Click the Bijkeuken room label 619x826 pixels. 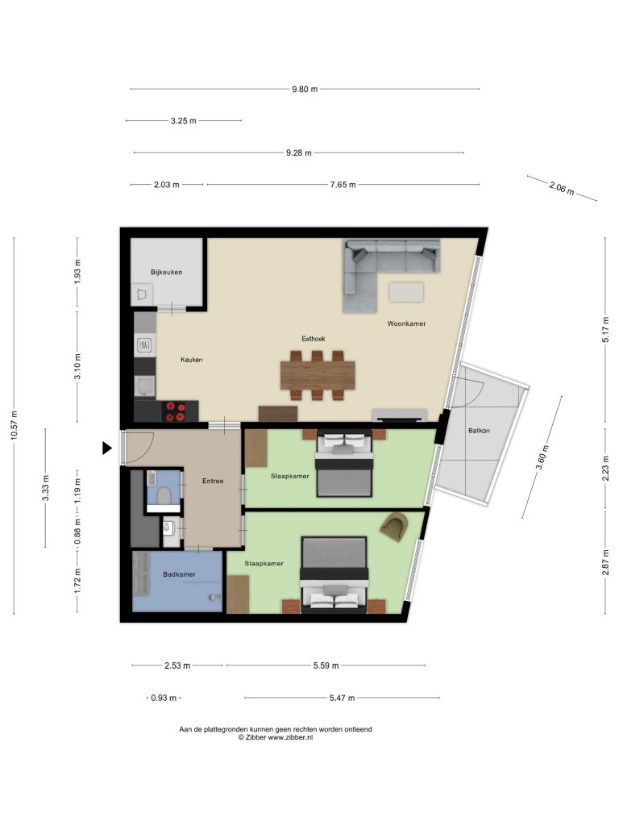click(166, 273)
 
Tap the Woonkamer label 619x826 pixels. click(406, 323)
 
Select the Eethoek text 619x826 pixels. click(314, 339)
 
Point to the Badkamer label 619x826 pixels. click(179, 574)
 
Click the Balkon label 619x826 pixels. click(479, 431)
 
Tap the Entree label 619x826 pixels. click(213, 481)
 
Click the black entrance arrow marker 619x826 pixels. click(107, 448)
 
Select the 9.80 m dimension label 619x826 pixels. click(305, 89)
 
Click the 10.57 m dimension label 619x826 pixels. click(14, 425)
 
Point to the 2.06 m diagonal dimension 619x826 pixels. click(562, 187)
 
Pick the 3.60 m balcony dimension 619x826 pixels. click(542, 457)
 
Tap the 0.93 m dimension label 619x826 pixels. click(163, 698)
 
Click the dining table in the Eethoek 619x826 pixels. click(318, 375)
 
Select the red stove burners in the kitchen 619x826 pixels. click(174, 411)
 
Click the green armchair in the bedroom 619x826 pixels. click(394, 526)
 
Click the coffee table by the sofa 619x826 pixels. click(406, 292)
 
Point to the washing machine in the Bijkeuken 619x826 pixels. click(142, 294)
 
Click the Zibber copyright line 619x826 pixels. click(276, 737)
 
